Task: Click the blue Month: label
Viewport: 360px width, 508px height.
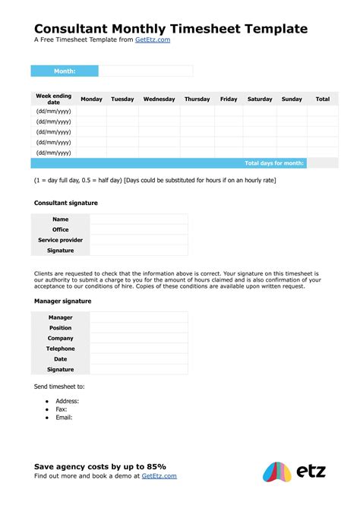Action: point(65,71)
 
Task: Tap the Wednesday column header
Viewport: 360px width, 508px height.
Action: point(159,99)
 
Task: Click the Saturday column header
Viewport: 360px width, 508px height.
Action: point(260,99)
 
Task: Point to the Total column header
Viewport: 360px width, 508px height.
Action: point(323,99)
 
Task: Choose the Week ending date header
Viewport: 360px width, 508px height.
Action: point(53,99)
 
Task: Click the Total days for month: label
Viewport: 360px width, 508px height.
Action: point(274,163)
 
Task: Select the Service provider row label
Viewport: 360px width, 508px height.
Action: point(61,240)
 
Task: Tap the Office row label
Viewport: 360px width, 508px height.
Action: point(61,229)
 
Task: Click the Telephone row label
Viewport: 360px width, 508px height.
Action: point(61,349)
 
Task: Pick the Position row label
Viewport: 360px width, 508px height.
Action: point(61,328)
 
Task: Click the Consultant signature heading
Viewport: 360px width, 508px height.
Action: point(66,204)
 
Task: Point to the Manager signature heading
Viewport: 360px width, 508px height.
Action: point(63,301)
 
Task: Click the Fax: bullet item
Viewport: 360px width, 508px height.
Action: point(62,409)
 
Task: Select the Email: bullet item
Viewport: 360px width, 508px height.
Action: point(64,418)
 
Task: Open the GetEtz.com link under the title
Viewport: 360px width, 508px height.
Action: point(152,40)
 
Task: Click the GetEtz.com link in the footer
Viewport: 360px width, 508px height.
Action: point(159,476)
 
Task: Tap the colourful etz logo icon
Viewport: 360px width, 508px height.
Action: point(276,472)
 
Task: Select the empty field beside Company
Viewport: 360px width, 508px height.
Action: point(138,338)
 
